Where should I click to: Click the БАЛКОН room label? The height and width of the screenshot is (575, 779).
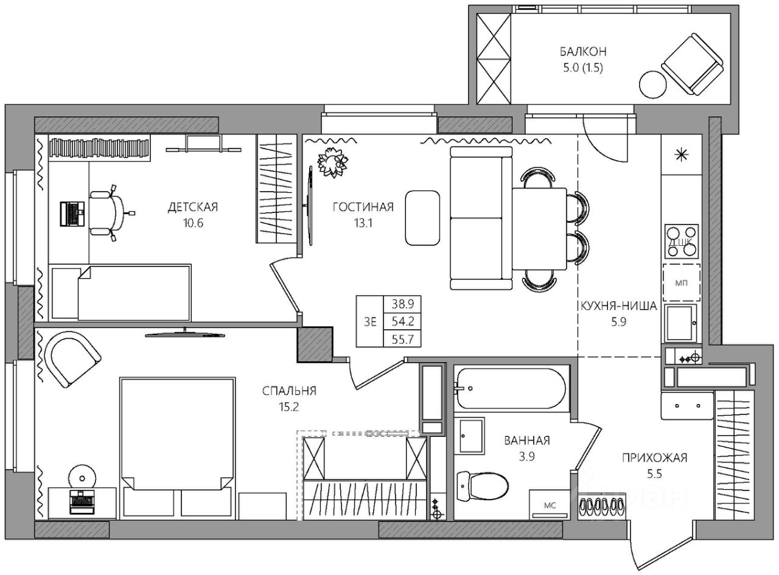click(x=582, y=52)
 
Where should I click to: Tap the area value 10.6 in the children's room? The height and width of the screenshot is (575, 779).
click(x=193, y=223)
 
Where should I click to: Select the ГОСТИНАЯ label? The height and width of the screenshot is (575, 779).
click(x=363, y=207)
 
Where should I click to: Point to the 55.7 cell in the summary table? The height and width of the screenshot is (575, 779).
click(x=402, y=339)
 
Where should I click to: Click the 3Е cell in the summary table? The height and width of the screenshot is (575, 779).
click(x=370, y=321)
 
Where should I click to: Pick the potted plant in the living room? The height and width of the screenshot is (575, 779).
click(x=333, y=162)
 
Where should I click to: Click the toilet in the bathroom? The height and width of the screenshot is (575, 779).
click(x=482, y=487)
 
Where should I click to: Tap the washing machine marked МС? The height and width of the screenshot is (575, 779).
click(x=550, y=505)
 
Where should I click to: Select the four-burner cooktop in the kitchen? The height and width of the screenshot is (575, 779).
click(x=682, y=242)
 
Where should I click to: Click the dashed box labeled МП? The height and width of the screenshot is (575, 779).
click(x=682, y=283)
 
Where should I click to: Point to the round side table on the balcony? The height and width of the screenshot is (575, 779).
click(x=652, y=85)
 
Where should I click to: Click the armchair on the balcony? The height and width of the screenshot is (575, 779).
click(x=692, y=64)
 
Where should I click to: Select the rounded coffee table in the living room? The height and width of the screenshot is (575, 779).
click(x=422, y=218)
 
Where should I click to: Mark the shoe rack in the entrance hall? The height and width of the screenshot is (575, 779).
click(x=602, y=506)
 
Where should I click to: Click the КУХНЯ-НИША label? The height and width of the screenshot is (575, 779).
click(x=618, y=306)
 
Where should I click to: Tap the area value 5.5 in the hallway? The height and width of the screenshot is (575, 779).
click(x=654, y=474)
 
